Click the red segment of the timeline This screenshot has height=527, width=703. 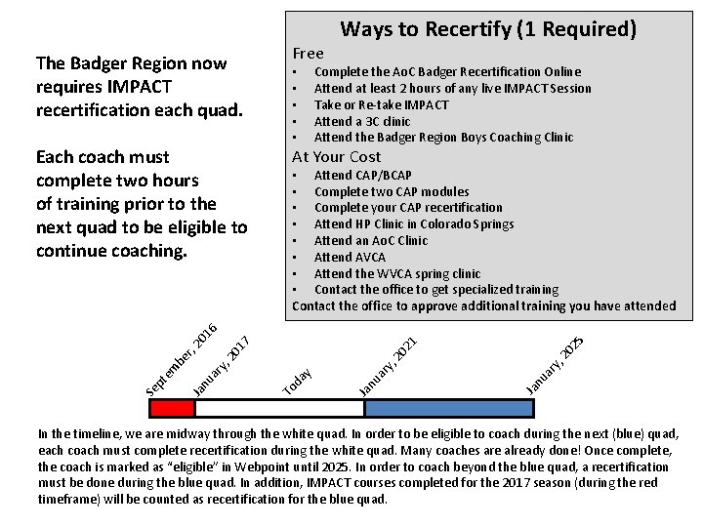click(174, 408)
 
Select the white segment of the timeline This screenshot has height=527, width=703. click(279, 408)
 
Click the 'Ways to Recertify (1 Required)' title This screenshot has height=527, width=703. click(488, 29)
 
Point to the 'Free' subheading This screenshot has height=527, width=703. click(308, 54)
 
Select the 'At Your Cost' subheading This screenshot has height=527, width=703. click(336, 156)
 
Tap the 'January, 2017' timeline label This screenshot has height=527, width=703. click(224, 367)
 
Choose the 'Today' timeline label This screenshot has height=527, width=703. click(298, 381)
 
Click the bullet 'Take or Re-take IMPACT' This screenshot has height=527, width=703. click(381, 104)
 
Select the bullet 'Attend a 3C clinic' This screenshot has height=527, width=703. click(361, 121)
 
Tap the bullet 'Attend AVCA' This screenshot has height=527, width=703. click(350, 257)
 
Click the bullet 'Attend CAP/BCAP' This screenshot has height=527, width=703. click(362, 175)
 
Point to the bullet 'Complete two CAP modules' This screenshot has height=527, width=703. click(391, 191)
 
